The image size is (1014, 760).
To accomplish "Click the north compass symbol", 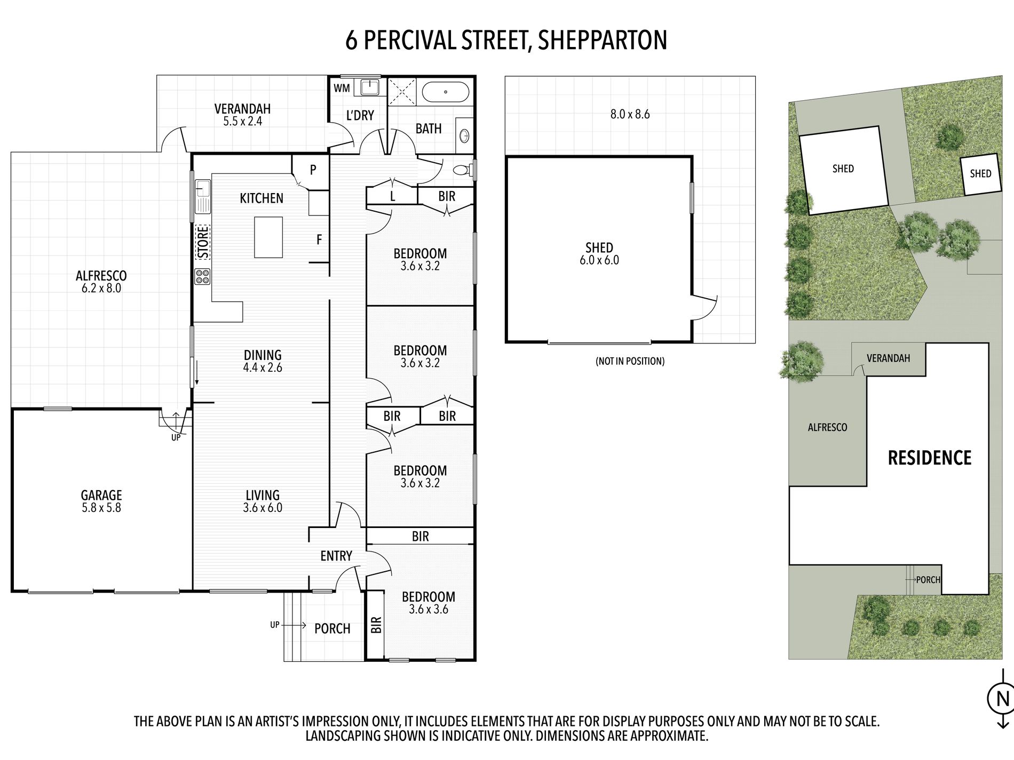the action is pos(1002,698).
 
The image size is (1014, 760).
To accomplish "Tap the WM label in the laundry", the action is pos(342,88).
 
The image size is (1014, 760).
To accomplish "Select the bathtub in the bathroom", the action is pos(445,92).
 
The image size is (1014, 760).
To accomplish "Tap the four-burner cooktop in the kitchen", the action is pos(203,276).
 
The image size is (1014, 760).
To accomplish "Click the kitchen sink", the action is pos(203,196).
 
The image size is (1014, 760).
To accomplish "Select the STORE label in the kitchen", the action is pos(203,243).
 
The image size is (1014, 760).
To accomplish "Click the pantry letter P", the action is pos(313,170).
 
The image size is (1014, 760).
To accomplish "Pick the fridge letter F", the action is pos(319,240).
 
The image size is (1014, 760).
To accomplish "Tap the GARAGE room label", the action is pos(101,495).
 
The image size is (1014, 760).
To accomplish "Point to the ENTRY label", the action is pos(336,556).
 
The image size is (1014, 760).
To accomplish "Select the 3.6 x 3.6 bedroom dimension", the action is pos(428,609).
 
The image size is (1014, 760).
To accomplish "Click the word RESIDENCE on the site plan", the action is pos(930,458).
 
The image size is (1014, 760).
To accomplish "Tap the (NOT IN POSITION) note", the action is pos(630,361).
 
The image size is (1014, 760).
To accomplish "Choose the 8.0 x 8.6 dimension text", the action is pos(630,114).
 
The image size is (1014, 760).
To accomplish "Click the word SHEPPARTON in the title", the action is pos(603,41).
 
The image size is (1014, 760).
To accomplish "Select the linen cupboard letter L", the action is pos(393,196).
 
